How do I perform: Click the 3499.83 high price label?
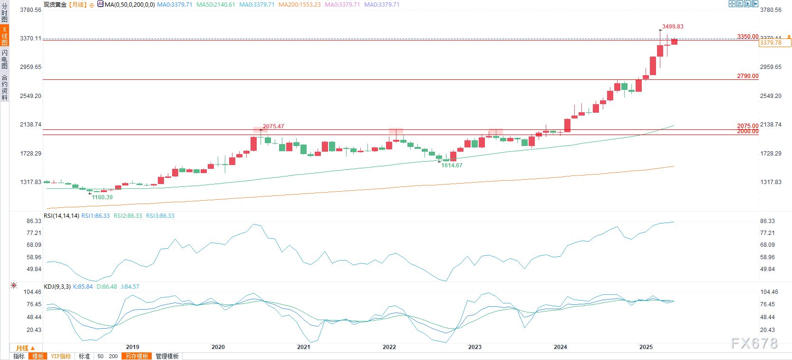tap(673, 27)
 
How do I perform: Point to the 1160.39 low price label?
tap(102, 197)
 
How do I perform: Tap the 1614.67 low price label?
tap(452, 165)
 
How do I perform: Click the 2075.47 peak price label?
tap(273, 126)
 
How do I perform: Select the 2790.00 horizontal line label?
tap(748, 76)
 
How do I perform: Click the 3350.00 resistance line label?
tap(748, 37)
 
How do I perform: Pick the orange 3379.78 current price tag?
tap(775, 43)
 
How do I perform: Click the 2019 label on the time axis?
tap(133, 347)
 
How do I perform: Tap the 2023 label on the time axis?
tap(475, 347)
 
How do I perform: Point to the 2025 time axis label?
tap(646, 347)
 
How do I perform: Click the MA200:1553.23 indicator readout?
tap(299, 5)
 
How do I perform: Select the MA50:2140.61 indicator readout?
tap(215, 5)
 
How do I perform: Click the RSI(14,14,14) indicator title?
tap(61, 216)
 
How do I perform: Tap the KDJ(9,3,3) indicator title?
tap(57, 287)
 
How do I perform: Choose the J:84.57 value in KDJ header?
tap(130, 287)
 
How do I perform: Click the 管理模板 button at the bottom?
tap(167, 356)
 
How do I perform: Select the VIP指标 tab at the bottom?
tap(61, 356)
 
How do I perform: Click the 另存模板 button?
tap(137, 356)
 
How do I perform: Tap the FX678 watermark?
tap(754, 343)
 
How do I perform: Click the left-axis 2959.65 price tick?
tap(30, 67)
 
